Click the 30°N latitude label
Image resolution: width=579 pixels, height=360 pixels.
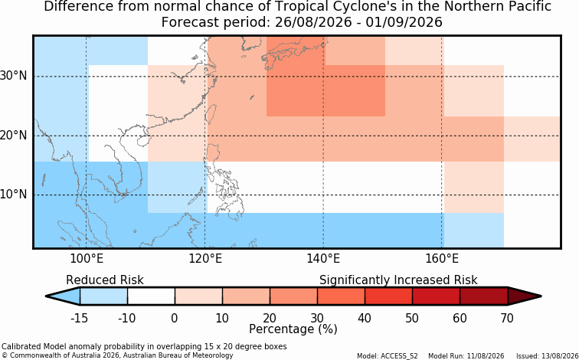pyautogui.click(x=14, y=76)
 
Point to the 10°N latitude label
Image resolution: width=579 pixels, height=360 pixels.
pyautogui.click(x=14, y=194)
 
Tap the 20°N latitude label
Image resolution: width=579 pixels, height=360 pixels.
pyautogui.click(x=14, y=135)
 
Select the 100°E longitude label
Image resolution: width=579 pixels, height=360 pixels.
pyautogui.click(x=86, y=259)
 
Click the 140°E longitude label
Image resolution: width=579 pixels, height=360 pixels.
pyautogui.click(x=323, y=259)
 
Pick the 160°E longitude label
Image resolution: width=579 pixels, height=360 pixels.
pyautogui.click(x=442, y=259)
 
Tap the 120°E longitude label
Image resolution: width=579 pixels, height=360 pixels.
pyautogui.click(x=205, y=259)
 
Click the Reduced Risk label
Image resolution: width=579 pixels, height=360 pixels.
pyautogui.click(x=105, y=280)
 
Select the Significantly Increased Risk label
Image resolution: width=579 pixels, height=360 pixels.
pyautogui.click(x=398, y=280)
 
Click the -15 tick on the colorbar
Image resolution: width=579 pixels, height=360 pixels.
pyautogui.click(x=80, y=318)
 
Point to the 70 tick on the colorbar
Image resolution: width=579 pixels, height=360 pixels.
pyautogui.click(x=507, y=318)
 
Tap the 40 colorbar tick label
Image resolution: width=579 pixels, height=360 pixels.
pyautogui.click(x=365, y=318)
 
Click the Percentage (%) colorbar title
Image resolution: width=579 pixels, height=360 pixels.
pyautogui.click(x=293, y=329)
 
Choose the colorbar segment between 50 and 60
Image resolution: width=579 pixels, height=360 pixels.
pyautogui.click(x=436, y=296)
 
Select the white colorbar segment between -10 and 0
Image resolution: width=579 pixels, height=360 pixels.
pyautogui.click(x=151, y=296)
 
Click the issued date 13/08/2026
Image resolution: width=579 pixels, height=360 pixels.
pyautogui.click(x=562, y=356)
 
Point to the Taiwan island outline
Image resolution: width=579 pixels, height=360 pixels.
pyautogui.click(x=211, y=114)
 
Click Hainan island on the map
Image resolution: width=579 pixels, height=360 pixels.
pyautogui.click(x=142, y=141)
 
